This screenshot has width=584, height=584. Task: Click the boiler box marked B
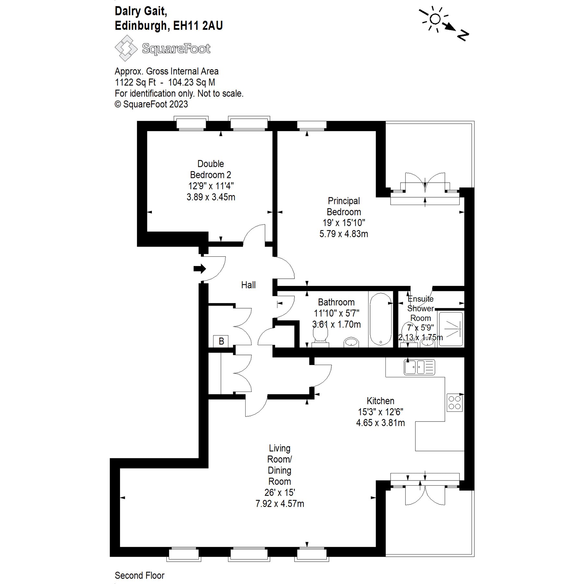coord(221,341)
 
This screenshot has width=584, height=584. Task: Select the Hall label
coord(248,285)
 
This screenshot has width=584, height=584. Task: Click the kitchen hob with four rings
coord(455,402)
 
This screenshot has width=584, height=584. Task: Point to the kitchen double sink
coord(419,367)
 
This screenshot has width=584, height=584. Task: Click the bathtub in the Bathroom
coord(381,319)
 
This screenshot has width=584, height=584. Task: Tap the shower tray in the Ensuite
coord(451,329)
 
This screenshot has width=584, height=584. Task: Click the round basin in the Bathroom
coord(351,342)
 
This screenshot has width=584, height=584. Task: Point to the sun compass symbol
coord(435,19)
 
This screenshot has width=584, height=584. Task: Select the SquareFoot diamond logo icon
coord(126,48)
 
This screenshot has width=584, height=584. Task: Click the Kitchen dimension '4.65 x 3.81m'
coord(380,423)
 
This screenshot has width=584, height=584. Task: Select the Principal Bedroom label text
coord(344,206)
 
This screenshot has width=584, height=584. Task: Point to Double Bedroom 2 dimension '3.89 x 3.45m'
coord(211,197)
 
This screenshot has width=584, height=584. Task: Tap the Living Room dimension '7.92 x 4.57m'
coord(280,504)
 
